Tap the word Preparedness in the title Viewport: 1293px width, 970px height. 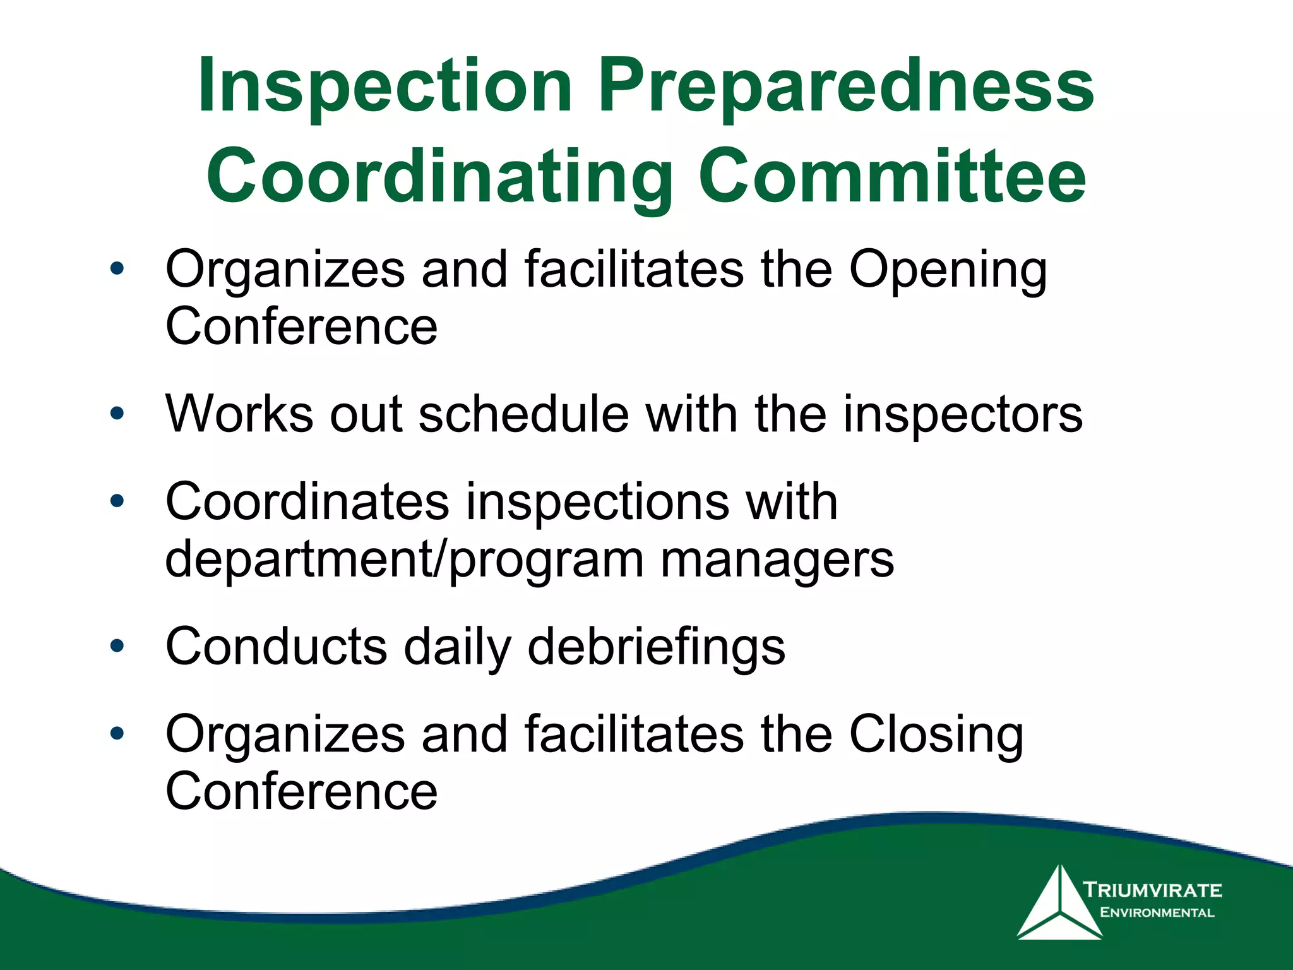846,87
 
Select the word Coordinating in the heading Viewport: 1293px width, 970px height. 439,177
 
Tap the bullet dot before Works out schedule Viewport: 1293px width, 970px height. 117,414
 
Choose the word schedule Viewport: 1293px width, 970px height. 523,414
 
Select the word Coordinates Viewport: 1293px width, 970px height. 307,502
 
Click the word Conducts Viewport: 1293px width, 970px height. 277,647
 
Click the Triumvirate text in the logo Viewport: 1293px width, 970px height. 1153,890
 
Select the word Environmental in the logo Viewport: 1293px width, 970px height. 1157,913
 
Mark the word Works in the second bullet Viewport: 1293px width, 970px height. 239,414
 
